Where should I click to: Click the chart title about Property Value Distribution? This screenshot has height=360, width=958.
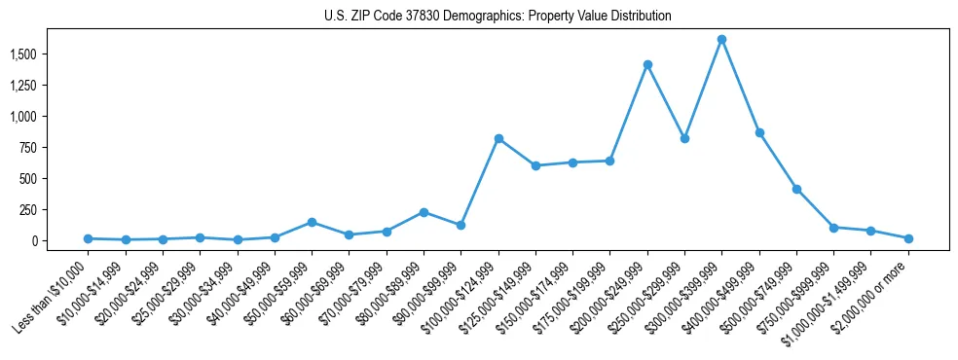pyautogui.click(x=497, y=17)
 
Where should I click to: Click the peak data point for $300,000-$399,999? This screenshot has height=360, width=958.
pyautogui.click(x=721, y=40)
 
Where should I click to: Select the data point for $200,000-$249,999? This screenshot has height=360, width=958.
pyautogui.click(x=647, y=64)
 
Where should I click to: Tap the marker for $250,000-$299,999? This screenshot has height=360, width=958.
pyautogui.click(x=684, y=139)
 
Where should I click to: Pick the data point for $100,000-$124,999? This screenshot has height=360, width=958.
pyautogui.click(x=498, y=138)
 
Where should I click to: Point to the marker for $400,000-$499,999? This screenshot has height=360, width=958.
pyautogui.click(x=759, y=132)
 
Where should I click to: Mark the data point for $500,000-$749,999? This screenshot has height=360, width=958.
pyautogui.click(x=796, y=189)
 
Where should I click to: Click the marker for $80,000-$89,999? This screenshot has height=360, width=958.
pyautogui.click(x=424, y=212)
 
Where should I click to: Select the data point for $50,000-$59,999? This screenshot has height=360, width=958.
pyautogui.click(x=312, y=222)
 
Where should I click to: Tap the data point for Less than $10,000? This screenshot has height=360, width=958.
pyautogui.click(x=88, y=238)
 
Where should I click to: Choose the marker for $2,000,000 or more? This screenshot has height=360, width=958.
pyautogui.click(x=908, y=238)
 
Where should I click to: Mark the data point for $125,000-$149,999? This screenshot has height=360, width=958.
pyautogui.click(x=535, y=165)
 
